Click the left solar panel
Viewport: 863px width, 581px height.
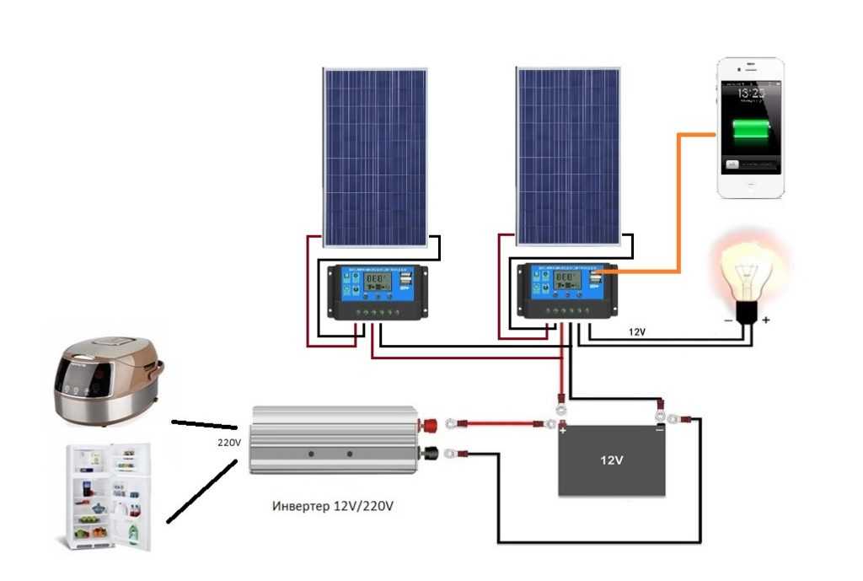point(375,157)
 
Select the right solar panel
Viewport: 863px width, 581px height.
point(568,157)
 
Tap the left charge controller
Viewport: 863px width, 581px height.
point(378,292)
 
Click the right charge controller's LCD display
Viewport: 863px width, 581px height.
point(566,280)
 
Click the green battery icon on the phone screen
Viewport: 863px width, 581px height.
point(750,131)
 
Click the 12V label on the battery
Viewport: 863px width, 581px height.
point(612,461)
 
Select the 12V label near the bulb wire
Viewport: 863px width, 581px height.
point(637,332)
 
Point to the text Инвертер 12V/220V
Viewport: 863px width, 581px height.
point(333,507)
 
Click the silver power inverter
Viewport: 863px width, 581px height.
point(337,439)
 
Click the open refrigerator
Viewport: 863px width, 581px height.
point(105,498)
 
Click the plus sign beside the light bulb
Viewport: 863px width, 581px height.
point(766,320)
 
